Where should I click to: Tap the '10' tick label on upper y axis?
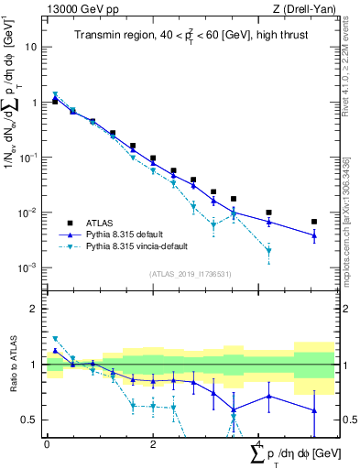tap(31, 47)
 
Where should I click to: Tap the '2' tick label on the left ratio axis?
tap(35, 309)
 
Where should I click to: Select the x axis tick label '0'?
tap(47, 444)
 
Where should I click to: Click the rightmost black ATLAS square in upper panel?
tap(314, 222)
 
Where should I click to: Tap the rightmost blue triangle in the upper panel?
tap(314, 235)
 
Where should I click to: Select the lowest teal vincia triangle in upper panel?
tap(268, 251)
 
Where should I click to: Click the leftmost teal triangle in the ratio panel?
tap(55, 339)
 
